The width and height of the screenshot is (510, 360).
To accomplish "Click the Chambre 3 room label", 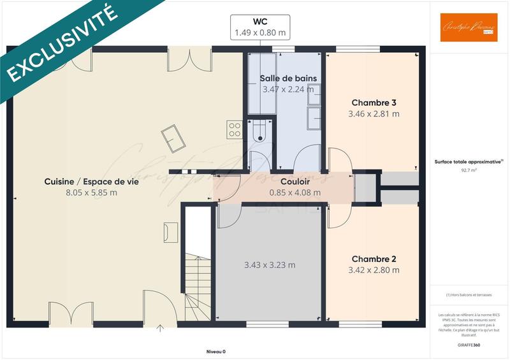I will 374,103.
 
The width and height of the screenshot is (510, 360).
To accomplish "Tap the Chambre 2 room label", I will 374,259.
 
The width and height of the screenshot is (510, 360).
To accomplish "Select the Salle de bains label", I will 288,78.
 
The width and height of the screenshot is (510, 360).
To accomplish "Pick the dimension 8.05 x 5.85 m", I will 91,192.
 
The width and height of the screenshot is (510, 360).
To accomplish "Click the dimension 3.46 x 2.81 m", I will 374,114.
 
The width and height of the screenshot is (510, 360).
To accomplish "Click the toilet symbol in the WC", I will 259,132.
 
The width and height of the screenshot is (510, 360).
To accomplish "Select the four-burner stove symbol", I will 235,129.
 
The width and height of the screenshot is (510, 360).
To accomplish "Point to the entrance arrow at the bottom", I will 159,329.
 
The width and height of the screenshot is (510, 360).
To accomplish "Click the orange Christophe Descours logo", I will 469,27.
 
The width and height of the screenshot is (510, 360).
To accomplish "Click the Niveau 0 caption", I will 215,351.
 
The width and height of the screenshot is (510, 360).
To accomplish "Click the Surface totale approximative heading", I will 469,162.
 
